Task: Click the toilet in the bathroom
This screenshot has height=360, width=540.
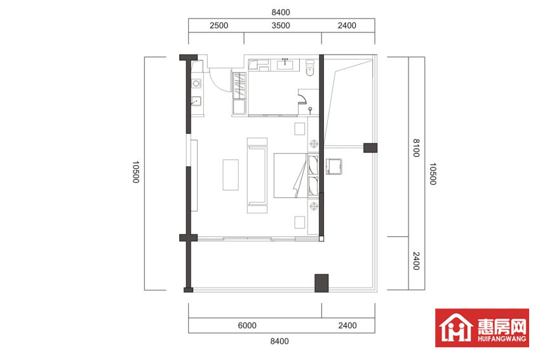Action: pyautogui.click(x=310, y=68)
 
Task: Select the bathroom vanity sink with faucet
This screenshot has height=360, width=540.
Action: pyautogui.click(x=285, y=64)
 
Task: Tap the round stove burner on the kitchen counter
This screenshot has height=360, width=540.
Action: pyautogui.click(x=196, y=83)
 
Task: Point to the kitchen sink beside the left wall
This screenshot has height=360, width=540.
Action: pyautogui.click(x=196, y=101)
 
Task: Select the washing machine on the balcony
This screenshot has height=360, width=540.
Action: pyautogui.click(x=334, y=166)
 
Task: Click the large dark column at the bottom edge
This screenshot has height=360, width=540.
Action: pyautogui.click(x=321, y=283)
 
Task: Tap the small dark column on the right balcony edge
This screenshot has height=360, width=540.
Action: pyautogui.click(x=370, y=148)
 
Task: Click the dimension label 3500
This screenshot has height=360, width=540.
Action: pyautogui.click(x=281, y=25)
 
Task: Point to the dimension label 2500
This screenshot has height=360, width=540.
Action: pyautogui.click(x=219, y=25)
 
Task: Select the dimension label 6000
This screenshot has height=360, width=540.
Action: pyautogui.click(x=247, y=325)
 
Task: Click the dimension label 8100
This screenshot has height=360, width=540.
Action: pyautogui.click(x=416, y=148)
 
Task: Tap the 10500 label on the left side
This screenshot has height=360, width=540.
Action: pyautogui.click(x=136, y=171)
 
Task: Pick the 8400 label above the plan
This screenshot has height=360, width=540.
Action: pyautogui.click(x=281, y=13)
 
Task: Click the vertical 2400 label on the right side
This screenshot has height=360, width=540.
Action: pyautogui.click(x=416, y=261)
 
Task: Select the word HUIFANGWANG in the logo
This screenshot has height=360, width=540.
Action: pyautogui.click(x=502, y=338)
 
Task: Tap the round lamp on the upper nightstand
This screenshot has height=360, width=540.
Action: pyautogui.click(x=314, y=143)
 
